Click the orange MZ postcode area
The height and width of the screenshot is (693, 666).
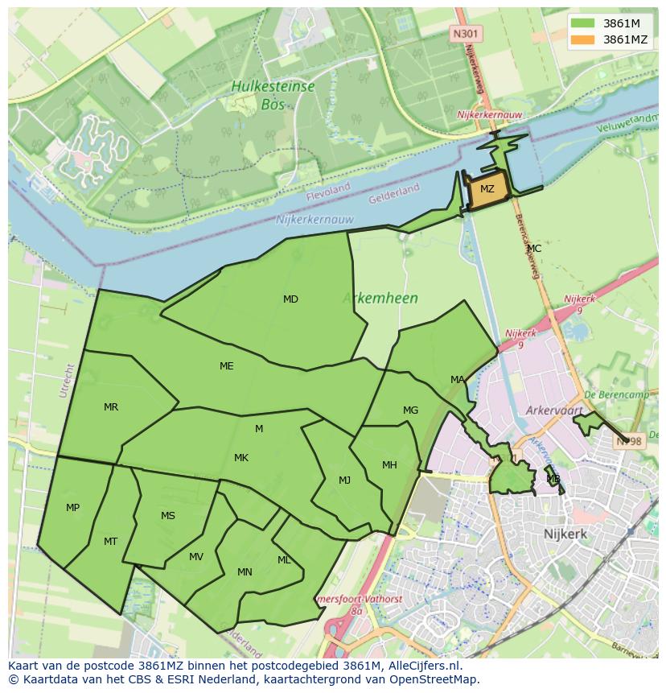[x=487, y=190]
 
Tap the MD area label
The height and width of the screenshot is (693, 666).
[x=290, y=299]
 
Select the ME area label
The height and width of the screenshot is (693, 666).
[x=227, y=366]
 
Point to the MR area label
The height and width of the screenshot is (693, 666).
[x=111, y=407]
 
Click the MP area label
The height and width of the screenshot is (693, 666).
[x=72, y=508]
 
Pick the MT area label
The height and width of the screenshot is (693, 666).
[x=111, y=542]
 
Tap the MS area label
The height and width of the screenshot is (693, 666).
[x=167, y=516]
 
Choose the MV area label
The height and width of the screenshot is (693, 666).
[x=196, y=557]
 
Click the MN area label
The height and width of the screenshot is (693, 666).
[x=245, y=573]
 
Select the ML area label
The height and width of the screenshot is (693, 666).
[x=284, y=560]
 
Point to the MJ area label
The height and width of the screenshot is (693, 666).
[x=344, y=481]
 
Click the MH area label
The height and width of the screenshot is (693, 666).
[x=389, y=465]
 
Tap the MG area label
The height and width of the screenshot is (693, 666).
[x=410, y=410]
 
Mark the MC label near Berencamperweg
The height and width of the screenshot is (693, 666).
[x=534, y=249]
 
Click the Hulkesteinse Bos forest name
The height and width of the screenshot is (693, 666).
[x=273, y=95]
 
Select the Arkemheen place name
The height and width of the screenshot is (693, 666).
[x=380, y=299]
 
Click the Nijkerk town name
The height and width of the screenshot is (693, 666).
[x=565, y=534]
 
